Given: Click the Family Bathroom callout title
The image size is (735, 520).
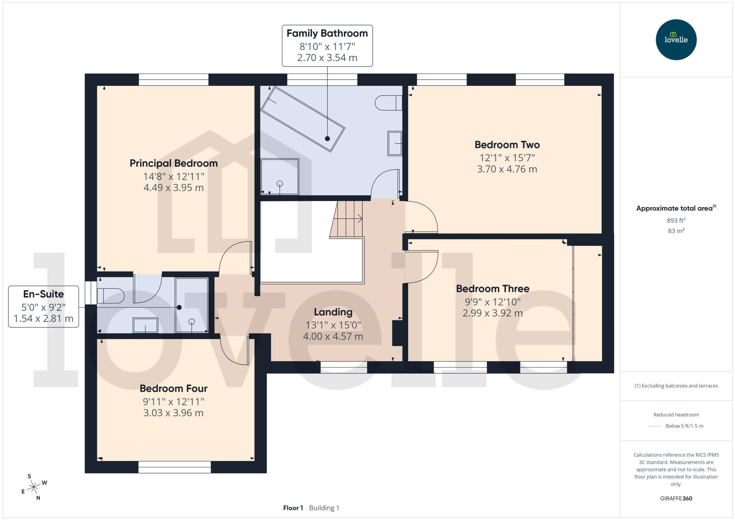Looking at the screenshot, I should pyautogui.click(x=327, y=33).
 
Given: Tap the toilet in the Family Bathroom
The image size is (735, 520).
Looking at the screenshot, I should pyautogui.click(x=388, y=103).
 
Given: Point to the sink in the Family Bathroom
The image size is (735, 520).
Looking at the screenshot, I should pyautogui.click(x=395, y=143).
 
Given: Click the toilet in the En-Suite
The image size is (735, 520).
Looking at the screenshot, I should pyautogui.click(x=110, y=296).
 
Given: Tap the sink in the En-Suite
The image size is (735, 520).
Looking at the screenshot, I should pyautogui.click(x=145, y=325).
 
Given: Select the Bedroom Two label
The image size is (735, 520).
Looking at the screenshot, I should pyautogui.click(x=507, y=145).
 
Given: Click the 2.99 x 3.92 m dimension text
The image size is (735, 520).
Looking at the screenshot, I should pyautogui.click(x=493, y=313).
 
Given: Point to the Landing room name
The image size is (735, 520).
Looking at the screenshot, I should pyautogui.click(x=333, y=312).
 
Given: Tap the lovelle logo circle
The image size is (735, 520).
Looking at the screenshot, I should pyautogui.click(x=676, y=40).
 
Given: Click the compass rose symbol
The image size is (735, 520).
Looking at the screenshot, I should pyautogui.click(x=34, y=487).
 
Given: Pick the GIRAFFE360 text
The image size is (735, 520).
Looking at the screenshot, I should pyautogui.click(x=676, y=499).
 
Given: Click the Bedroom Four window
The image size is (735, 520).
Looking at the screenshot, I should pyautogui.click(x=175, y=467).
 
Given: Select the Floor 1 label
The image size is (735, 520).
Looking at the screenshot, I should pyautogui.click(x=293, y=508).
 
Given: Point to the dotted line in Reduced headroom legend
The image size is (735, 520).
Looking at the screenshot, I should pyautogui.click(x=655, y=426).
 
